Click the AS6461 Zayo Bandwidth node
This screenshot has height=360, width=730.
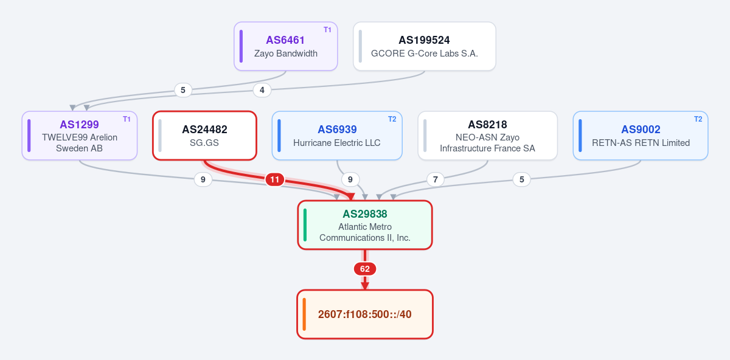tap(286, 46)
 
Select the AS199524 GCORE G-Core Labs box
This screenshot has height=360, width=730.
tap(425, 46)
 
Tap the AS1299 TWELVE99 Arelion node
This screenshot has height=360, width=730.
tap(80, 136)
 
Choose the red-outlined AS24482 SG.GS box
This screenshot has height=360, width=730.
tap(204, 136)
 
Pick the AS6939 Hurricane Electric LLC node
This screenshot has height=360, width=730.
tap(337, 136)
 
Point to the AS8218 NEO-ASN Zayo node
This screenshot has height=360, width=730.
tap(487, 136)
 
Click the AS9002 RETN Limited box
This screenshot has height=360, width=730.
tap(641, 136)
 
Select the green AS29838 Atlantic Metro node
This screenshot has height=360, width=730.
tap(365, 225)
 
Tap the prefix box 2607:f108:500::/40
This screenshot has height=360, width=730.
tap(365, 314)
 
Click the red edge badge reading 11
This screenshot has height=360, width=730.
tap(275, 179)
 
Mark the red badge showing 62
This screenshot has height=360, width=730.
tap(365, 269)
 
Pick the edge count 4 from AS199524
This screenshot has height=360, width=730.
tap(262, 90)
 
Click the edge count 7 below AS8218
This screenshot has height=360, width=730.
tap(436, 179)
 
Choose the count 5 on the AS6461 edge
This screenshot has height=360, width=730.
tap(183, 90)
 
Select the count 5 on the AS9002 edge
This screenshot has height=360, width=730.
tap(522, 179)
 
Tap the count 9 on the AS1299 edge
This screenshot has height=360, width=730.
tap(203, 179)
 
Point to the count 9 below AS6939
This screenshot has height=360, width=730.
tap(350, 179)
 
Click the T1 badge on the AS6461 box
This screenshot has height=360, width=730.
tap(327, 30)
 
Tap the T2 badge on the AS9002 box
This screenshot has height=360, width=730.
tap(698, 119)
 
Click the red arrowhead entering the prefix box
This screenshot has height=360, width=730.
tap(365, 286)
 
